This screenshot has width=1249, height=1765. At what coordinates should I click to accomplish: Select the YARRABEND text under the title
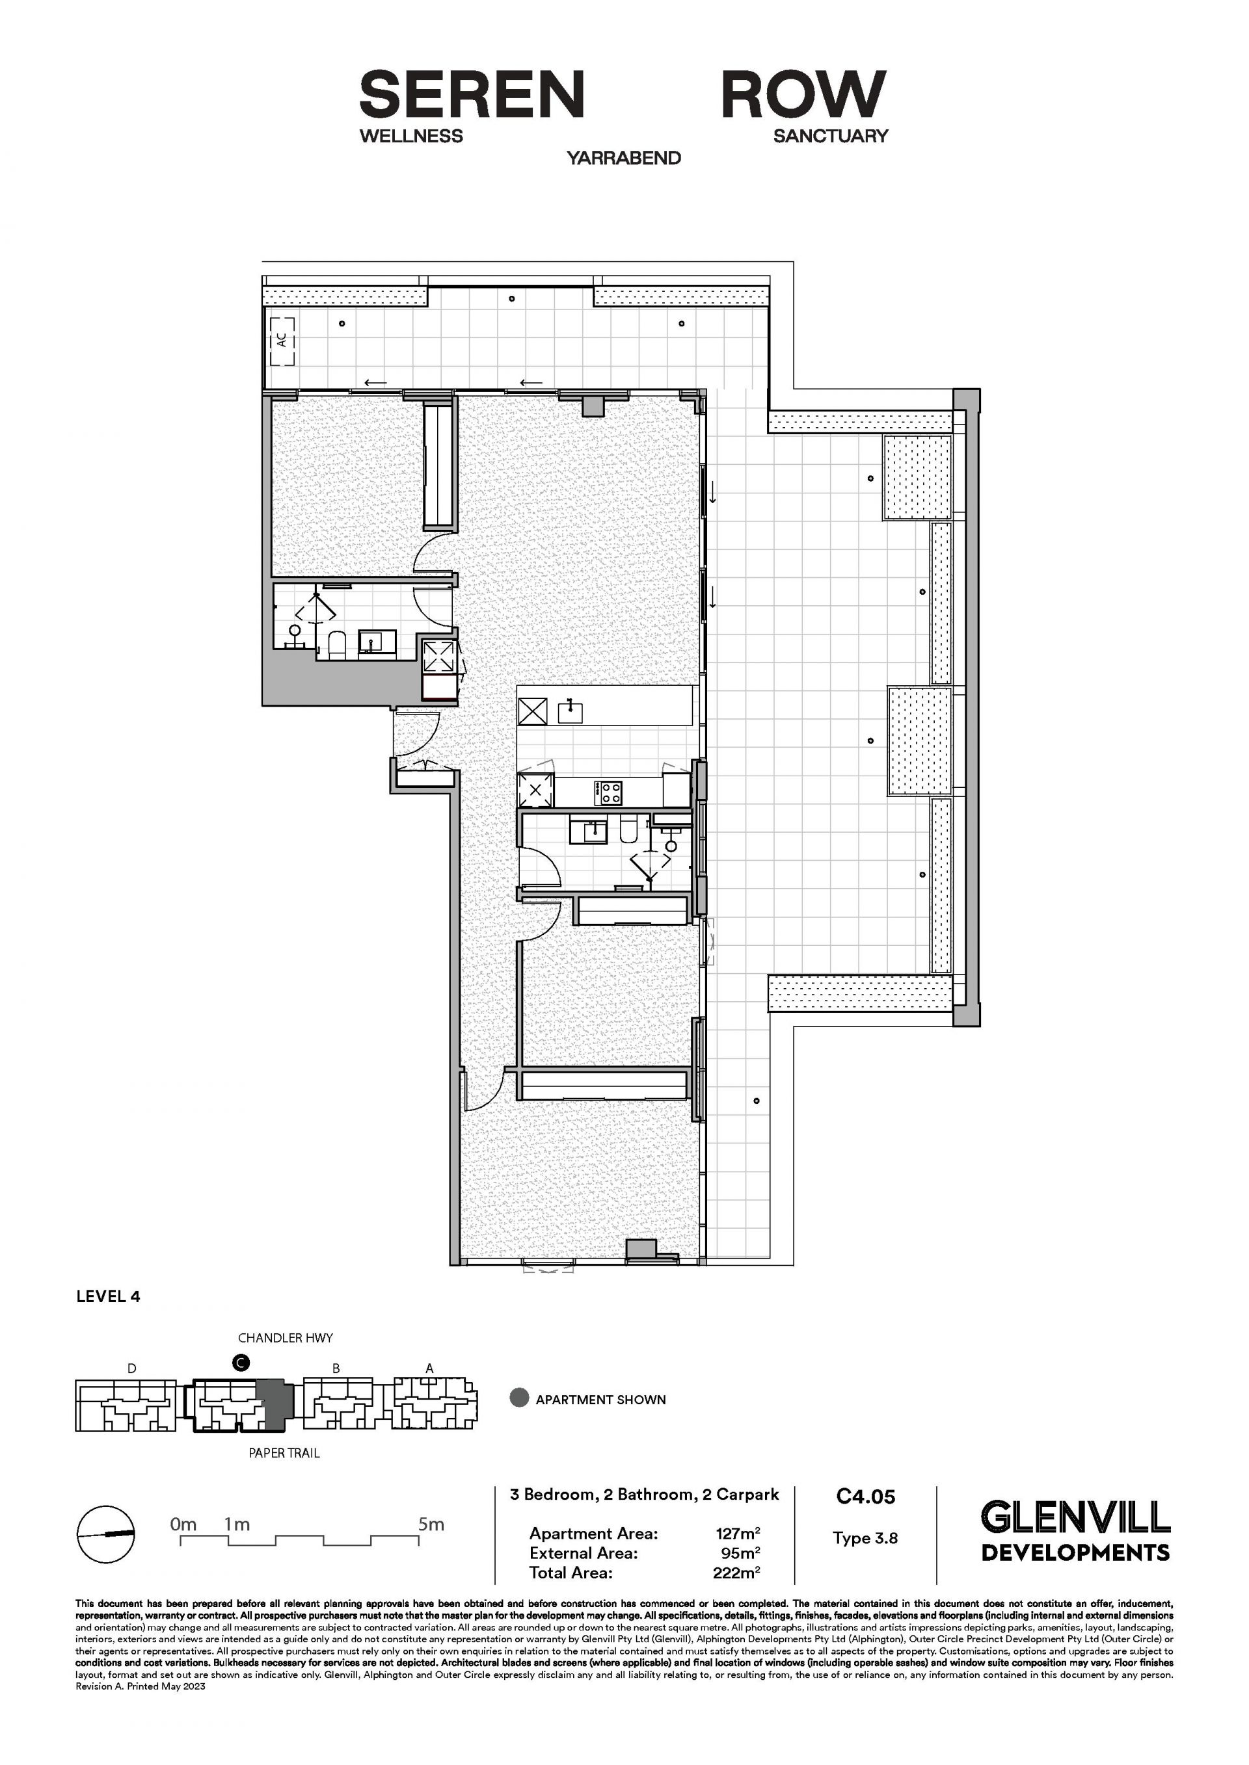[x=624, y=159]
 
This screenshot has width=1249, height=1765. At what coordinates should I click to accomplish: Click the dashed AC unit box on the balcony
[x=282, y=342]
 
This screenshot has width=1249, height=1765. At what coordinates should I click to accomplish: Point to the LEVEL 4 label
[x=109, y=1297]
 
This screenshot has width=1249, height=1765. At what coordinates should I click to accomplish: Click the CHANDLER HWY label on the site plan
[x=286, y=1339]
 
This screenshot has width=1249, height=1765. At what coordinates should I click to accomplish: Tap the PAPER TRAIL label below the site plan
[x=284, y=1453]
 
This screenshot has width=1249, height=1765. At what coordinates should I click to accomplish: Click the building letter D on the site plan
[x=132, y=1368]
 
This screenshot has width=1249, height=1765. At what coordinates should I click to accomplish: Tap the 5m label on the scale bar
[x=431, y=1524]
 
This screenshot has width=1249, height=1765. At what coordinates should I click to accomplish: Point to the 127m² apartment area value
[x=738, y=1534]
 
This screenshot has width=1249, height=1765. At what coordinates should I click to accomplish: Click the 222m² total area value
[x=737, y=1573]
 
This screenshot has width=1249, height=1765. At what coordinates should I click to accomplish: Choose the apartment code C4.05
[x=866, y=1496]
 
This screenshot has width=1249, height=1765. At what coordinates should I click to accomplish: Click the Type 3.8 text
[x=865, y=1538]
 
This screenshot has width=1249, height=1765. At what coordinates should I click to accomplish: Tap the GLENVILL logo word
[x=1075, y=1517]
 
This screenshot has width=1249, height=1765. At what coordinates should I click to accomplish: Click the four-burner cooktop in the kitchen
[x=610, y=792]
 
